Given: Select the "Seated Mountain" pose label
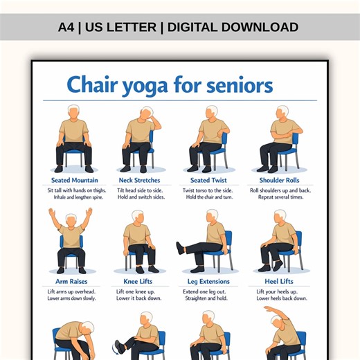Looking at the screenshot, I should [x=74, y=181].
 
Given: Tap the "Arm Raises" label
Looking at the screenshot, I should [x=71, y=282].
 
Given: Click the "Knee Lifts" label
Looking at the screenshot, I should [x=139, y=282].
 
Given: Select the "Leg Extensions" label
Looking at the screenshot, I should [x=208, y=282].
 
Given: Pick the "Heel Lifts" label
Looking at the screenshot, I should [x=279, y=282].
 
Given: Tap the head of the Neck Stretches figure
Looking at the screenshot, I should [x=146, y=112].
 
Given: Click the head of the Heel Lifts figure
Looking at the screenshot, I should [x=281, y=215].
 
